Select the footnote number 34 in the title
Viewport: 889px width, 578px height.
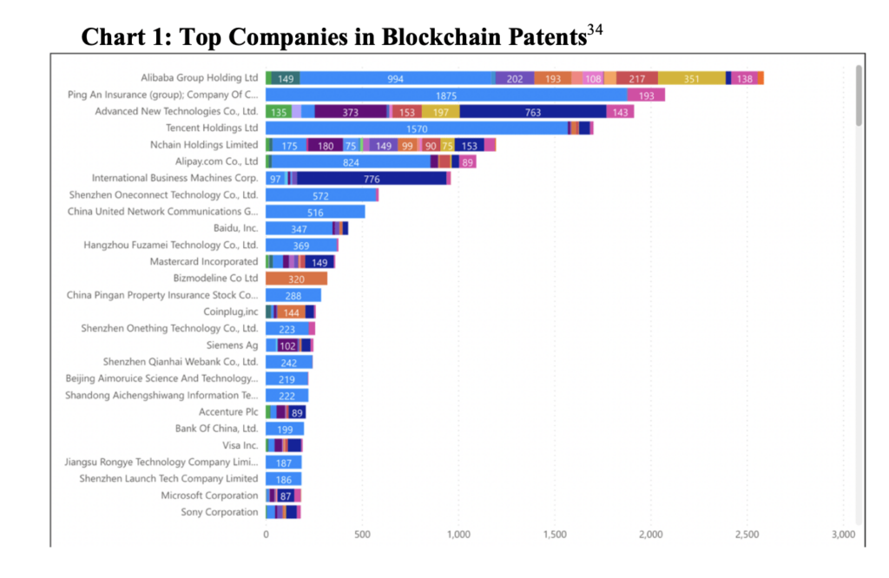595,31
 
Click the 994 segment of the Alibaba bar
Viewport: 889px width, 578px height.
396,78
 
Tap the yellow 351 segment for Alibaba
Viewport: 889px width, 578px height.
691,78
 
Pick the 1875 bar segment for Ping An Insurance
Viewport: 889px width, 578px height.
446,95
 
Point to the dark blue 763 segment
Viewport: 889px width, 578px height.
533,111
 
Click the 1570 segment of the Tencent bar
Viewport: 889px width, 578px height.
417,128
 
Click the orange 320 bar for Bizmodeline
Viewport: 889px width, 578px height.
296,279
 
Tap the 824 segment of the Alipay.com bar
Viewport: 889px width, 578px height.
351,161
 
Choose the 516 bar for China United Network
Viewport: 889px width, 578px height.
315,212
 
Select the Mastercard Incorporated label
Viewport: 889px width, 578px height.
204,261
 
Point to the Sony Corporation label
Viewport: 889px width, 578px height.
220,512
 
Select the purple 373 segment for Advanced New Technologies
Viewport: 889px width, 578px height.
350,111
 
